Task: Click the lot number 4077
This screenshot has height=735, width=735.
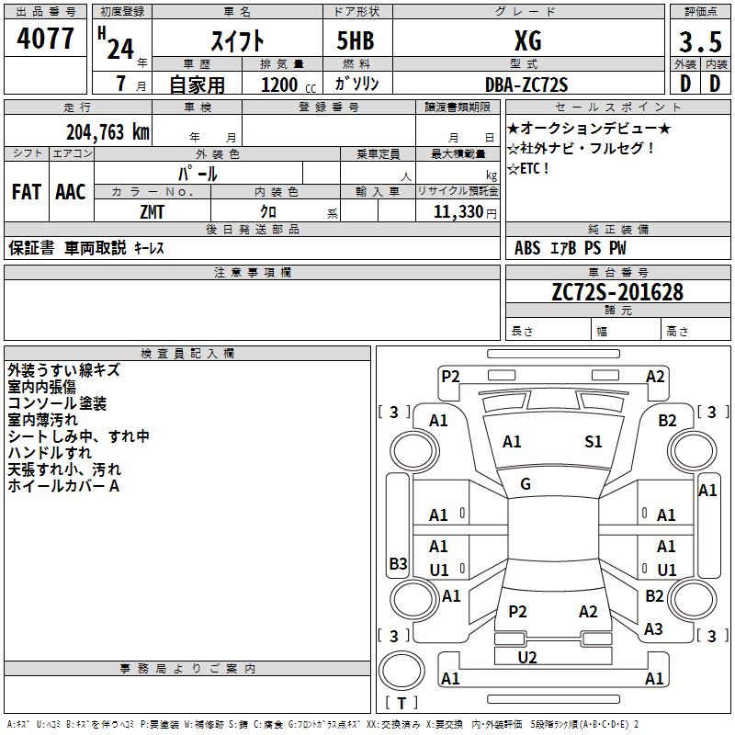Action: coord(45,40)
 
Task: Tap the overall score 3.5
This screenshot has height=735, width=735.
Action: coord(698,41)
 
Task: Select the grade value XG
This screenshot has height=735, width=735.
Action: coord(527,40)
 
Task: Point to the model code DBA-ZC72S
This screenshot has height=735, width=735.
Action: coord(526,85)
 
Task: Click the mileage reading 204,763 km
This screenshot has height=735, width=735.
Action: coord(107,131)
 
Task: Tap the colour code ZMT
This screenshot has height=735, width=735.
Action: coord(153,212)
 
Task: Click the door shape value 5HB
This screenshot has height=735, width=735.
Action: coord(348,40)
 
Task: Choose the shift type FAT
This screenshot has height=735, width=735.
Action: coord(27,192)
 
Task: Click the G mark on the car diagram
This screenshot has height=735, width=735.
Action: coord(526,484)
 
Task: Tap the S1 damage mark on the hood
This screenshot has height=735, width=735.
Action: coord(594,442)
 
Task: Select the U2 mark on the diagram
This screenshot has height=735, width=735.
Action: coord(527,657)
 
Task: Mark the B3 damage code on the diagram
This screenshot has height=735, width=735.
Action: coord(398,564)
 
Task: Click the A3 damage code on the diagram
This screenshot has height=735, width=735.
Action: coord(653,629)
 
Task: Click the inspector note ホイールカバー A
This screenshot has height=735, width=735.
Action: coord(63,486)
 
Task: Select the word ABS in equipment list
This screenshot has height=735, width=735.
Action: coord(527,247)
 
